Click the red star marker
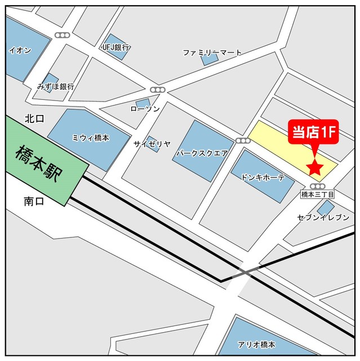[314, 168]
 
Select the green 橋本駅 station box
[42, 161]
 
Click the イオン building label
[20, 50]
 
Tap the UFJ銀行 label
[116, 47]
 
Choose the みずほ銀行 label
[56, 87]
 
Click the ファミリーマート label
[212, 52]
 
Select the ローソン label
[145, 108]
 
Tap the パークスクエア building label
[202, 152]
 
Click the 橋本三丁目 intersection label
[317, 194]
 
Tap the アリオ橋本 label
[256, 345]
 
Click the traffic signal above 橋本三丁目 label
[318, 186]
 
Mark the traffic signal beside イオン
[61, 35]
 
